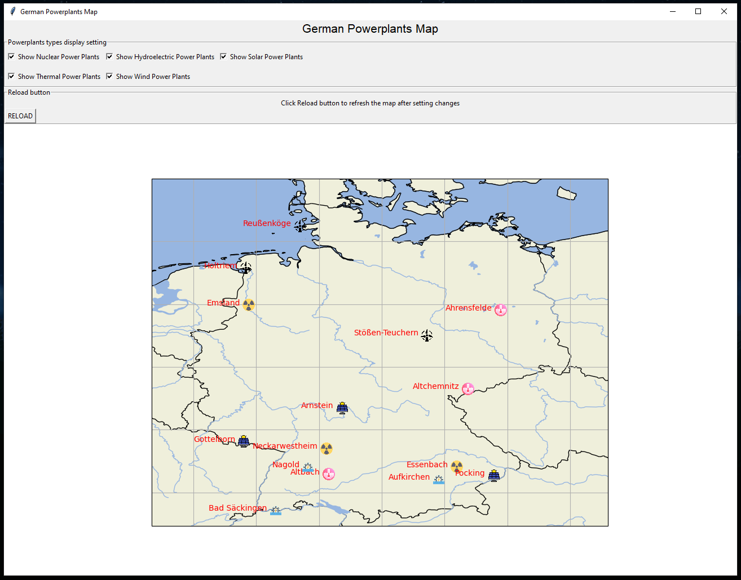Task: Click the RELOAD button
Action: [20, 116]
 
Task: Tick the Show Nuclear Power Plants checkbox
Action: [11, 57]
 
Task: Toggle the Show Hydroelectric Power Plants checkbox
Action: [109, 57]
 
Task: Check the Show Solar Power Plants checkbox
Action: [223, 57]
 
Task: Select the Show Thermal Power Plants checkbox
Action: [11, 77]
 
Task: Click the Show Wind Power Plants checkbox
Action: [109, 77]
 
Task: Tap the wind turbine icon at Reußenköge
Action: [300, 226]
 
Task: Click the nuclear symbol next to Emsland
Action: [249, 305]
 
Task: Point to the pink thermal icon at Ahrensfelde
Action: [500, 309]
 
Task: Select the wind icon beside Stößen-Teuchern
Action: [427, 336]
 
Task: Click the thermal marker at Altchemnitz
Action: [467, 388]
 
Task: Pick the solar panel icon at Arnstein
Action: [342, 408]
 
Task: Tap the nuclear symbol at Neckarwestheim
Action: [326, 448]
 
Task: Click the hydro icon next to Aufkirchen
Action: [438, 480]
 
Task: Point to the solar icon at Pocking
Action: [493, 475]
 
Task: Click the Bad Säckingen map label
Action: [237, 508]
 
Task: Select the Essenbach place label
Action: [427, 464]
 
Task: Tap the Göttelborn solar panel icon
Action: [244, 441]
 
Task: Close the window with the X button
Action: [724, 11]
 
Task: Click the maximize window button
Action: [698, 11]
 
